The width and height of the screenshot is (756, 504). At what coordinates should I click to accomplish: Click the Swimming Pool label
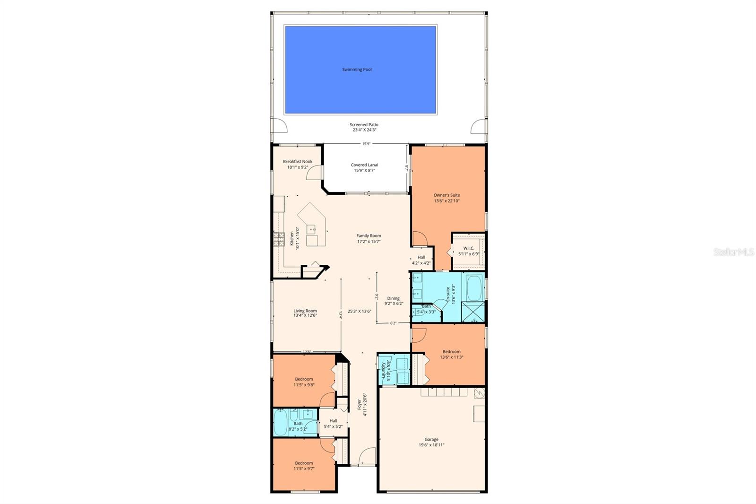[x=357, y=70]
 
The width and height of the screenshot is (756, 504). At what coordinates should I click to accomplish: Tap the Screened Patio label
[x=364, y=125]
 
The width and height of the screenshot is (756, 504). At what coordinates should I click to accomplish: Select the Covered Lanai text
[x=364, y=165]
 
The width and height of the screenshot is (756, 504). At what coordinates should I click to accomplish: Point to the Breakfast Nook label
[x=298, y=162]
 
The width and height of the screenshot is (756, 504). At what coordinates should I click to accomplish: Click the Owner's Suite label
[x=447, y=195]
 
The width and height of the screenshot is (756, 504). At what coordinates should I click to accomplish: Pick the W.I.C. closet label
[x=468, y=248]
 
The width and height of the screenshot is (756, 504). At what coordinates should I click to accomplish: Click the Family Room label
[x=369, y=235]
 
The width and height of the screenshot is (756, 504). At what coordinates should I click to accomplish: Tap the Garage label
[x=431, y=439]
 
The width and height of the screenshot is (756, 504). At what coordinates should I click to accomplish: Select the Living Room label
[x=305, y=311]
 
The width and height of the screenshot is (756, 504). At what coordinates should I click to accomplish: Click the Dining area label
[x=393, y=298]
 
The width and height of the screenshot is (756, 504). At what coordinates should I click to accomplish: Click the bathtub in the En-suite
[x=473, y=288]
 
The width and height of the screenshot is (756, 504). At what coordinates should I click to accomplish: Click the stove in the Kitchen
[x=278, y=240]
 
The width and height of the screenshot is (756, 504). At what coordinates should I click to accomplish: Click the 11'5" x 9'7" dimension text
[x=304, y=469]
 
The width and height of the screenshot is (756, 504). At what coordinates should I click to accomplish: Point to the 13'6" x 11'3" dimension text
[x=451, y=357]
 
